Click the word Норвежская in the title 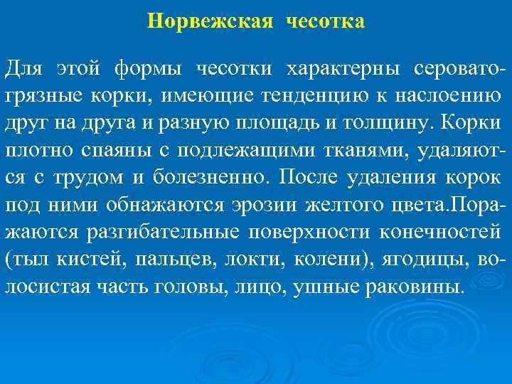[x=210, y=21]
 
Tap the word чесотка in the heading [x=326, y=21]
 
